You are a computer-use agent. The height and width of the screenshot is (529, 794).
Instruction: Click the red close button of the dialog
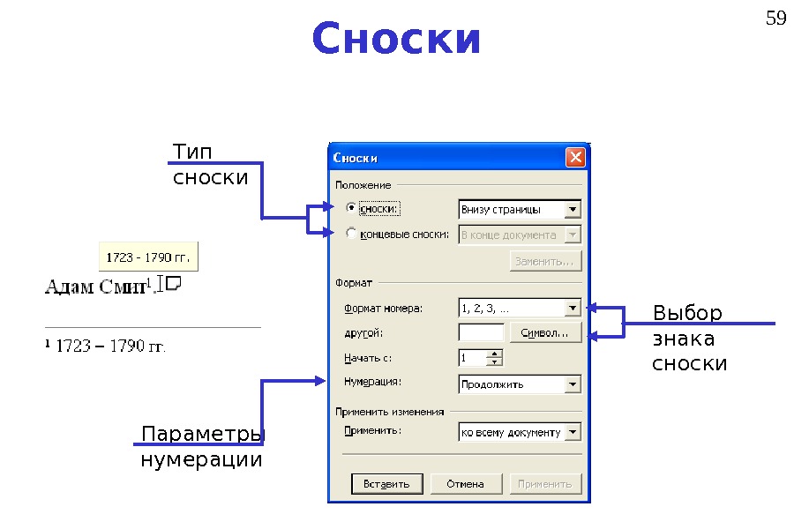(x=575, y=158)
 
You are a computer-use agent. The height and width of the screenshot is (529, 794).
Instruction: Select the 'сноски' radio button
(x=351, y=209)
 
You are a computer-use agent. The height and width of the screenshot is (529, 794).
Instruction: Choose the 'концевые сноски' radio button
(x=351, y=235)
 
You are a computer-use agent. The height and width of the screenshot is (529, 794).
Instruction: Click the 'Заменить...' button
(x=545, y=262)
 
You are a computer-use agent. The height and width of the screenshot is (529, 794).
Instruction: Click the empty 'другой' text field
(x=481, y=333)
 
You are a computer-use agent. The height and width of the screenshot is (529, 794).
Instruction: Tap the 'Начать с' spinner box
(x=480, y=358)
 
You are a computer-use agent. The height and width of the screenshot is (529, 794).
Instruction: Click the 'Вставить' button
(x=387, y=484)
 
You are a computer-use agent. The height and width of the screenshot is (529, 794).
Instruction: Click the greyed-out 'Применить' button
(x=545, y=484)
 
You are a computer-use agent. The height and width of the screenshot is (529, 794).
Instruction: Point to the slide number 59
(x=775, y=18)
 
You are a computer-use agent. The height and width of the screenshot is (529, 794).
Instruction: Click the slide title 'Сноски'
(x=396, y=40)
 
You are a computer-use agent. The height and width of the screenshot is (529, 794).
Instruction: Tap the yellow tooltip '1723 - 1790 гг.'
(x=148, y=257)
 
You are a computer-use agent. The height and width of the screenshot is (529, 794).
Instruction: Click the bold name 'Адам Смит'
(x=97, y=287)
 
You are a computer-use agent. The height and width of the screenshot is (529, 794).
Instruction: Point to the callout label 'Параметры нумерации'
(x=202, y=448)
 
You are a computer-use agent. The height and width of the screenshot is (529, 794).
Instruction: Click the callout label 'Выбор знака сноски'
(x=689, y=339)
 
